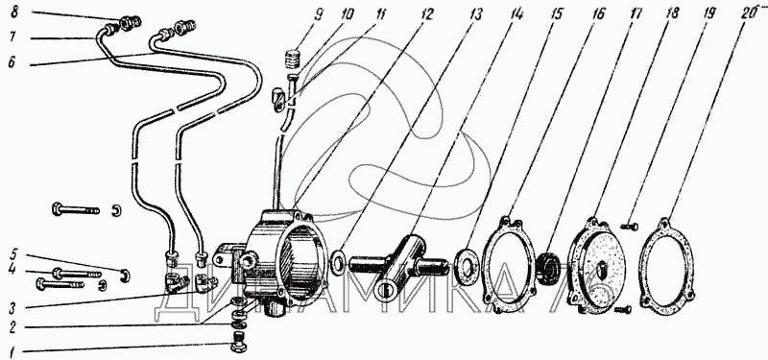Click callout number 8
(x=14, y=12)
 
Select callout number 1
(x=13, y=351)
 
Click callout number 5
(x=14, y=254)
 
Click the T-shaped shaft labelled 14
(x=397, y=265)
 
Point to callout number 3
(x=13, y=308)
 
